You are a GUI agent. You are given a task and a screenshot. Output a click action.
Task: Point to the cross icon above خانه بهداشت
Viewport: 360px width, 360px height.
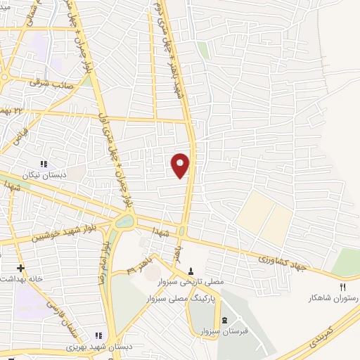tap(20, 268)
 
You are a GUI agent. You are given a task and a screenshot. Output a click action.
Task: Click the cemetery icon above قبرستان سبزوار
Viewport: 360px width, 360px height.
tap(224, 320)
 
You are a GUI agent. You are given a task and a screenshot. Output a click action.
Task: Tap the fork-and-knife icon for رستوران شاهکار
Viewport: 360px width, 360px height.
tap(343, 287)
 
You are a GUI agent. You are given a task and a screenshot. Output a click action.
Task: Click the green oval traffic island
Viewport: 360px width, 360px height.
tap(124, 222)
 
